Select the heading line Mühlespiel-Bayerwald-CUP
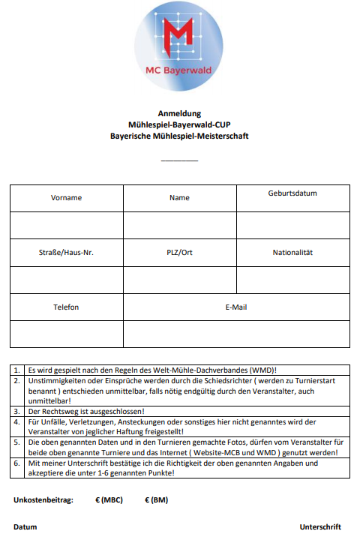(x=179, y=125)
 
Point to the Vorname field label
(x=66, y=198)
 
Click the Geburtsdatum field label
(x=292, y=193)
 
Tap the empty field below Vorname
(x=66, y=225)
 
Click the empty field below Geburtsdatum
(x=292, y=225)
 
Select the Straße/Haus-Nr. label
(x=66, y=253)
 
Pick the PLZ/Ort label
(x=179, y=253)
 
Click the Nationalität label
(x=292, y=253)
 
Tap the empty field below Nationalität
(x=292, y=280)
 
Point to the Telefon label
(x=66, y=307)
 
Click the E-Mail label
(x=236, y=307)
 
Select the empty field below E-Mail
(x=236, y=334)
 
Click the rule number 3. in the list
(x=18, y=412)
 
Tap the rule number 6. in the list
(x=18, y=463)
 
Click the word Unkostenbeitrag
(x=43, y=499)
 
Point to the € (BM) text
(x=155, y=499)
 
